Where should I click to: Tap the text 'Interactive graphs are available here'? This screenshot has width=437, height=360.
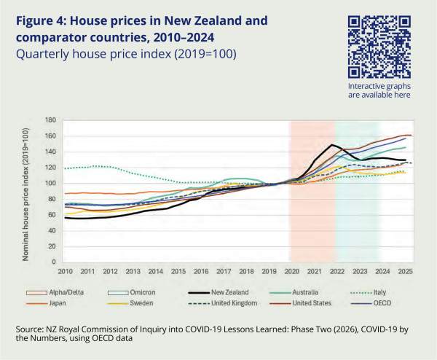(379, 90)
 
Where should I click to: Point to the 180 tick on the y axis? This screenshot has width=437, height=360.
(50, 120)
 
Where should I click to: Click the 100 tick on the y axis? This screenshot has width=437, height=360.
(50, 183)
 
